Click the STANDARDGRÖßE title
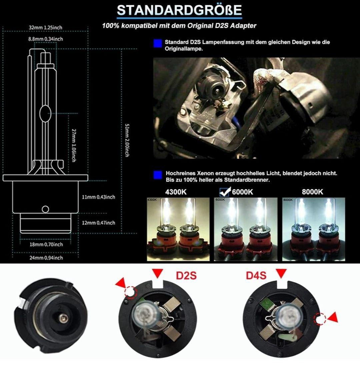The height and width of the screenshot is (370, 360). click(x=179, y=10)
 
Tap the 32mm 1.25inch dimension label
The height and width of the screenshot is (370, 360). click(x=46, y=27)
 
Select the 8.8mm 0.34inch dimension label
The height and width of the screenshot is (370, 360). click(x=46, y=39)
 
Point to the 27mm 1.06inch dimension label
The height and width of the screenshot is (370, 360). click(x=74, y=145)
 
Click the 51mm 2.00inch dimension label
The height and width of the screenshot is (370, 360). click(x=127, y=140)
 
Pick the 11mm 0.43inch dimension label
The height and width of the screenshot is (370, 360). click(x=99, y=197)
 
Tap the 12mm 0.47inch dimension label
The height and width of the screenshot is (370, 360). click(x=99, y=223)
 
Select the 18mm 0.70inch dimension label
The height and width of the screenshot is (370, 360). click(x=46, y=245)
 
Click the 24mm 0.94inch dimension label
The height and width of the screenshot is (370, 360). click(x=46, y=258)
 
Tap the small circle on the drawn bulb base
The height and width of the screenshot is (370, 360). click(x=45, y=209)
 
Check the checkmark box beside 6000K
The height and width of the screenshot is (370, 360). click(x=224, y=192)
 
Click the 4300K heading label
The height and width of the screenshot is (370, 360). click(x=176, y=192)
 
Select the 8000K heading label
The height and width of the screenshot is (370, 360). click(x=312, y=192)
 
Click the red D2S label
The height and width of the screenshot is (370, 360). click(x=186, y=276)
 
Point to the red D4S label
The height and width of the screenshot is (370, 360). click(x=256, y=276)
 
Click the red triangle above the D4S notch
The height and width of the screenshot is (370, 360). click(x=281, y=273)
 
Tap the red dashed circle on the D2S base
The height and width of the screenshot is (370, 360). click(x=130, y=292)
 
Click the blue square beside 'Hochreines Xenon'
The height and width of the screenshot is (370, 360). click(x=158, y=175)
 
